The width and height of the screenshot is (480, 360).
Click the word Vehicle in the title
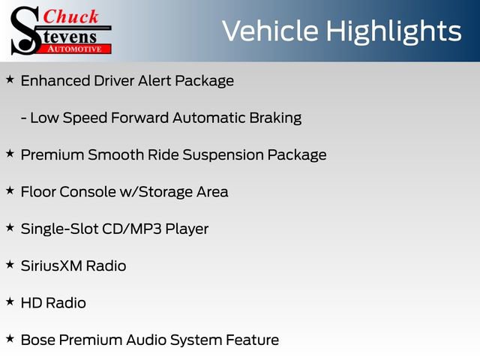[x=269, y=31]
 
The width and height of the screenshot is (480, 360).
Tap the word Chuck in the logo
[x=70, y=16]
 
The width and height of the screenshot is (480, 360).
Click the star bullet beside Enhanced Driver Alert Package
[x=10, y=78]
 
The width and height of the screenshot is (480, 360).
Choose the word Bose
[x=37, y=340]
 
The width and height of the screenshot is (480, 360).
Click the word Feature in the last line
[x=252, y=340]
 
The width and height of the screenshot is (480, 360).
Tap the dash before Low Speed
[x=25, y=118]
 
